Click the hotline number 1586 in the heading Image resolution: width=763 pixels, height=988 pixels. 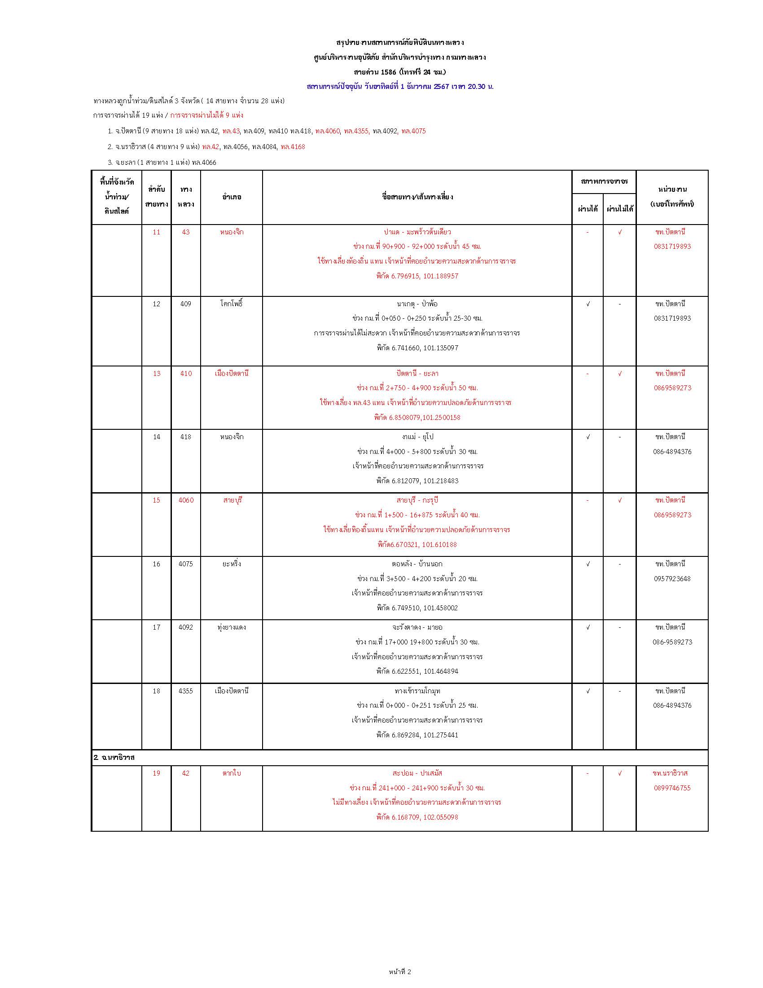[x=388, y=72]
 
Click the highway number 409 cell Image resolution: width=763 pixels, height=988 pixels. [x=186, y=304]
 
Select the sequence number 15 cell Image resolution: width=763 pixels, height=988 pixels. [x=156, y=500]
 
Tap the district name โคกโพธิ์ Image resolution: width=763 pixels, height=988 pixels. [x=232, y=304]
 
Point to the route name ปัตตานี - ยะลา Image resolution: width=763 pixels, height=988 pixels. [x=417, y=374]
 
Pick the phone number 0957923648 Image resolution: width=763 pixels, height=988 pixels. [x=672, y=578]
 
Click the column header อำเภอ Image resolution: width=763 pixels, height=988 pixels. [x=232, y=197]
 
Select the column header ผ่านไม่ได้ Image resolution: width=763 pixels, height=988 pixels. [x=619, y=209]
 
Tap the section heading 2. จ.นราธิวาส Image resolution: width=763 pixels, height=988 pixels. [x=114, y=757]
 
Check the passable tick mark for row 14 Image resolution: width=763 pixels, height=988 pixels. [x=588, y=437]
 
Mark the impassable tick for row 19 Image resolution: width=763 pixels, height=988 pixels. [x=620, y=773]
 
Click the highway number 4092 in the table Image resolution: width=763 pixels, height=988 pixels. [x=186, y=627]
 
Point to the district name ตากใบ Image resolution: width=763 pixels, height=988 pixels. [x=232, y=773]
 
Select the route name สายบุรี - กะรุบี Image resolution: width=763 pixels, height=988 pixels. [x=417, y=500]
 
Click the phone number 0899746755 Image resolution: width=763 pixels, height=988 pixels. [x=672, y=788]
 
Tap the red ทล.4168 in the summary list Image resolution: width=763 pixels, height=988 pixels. [x=293, y=146]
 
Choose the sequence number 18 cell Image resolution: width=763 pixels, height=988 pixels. [x=156, y=691]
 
